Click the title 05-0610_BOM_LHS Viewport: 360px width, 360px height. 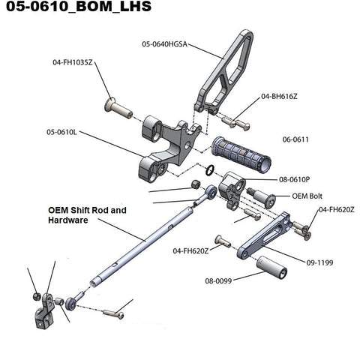click(x=79, y=6)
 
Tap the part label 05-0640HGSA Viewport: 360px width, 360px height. click(x=164, y=44)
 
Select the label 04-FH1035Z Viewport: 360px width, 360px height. click(x=73, y=62)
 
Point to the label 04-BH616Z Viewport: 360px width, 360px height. click(x=279, y=96)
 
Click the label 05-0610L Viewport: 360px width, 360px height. click(x=61, y=132)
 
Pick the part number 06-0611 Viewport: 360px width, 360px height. click(x=295, y=139)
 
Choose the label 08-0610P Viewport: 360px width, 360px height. click(x=295, y=179)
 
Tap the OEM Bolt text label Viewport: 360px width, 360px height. click(x=307, y=196)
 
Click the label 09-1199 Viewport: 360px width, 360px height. click(x=319, y=262)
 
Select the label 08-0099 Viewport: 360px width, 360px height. click(x=218, y=280)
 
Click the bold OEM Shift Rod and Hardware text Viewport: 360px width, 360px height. click(x=87, y=215)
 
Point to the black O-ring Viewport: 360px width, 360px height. click(x=210, y=170)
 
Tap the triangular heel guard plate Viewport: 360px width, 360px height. click(x=224, y=73)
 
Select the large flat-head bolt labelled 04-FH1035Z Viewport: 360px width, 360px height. click(x=118, y=109)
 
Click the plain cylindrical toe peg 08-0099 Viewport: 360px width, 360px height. click(x=271, y=267)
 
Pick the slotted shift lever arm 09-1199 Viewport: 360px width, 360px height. click(x=264, y=235)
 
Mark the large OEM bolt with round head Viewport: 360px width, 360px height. click(x=262, y=198)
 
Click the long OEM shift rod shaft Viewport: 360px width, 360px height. click(x=142, y=247)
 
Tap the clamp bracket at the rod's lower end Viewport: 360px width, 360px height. click(x=44, y=312)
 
